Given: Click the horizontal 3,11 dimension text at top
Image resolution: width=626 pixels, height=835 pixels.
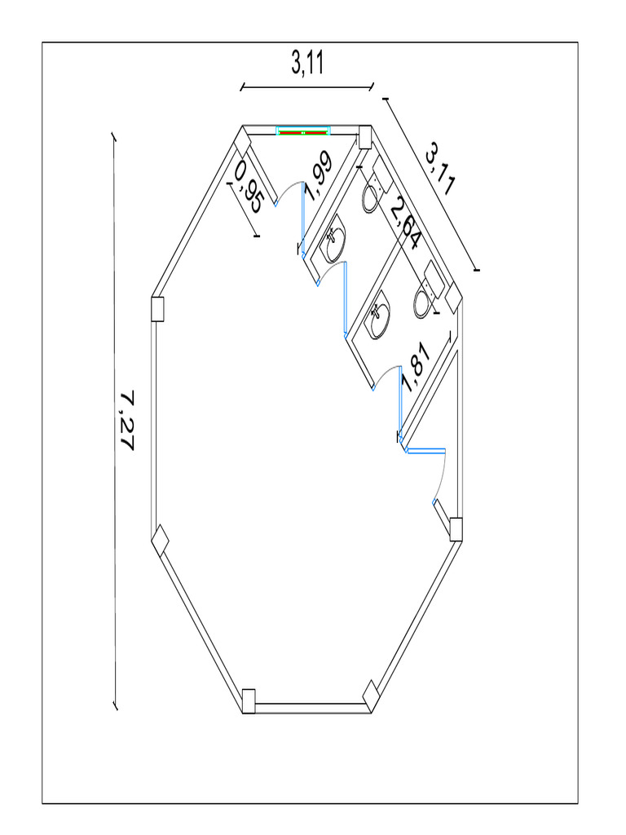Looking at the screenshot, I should click(307, 63).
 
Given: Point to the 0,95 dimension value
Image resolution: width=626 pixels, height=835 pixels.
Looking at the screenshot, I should click(248, 187).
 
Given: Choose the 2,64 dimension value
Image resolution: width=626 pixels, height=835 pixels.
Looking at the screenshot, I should click(404, 223).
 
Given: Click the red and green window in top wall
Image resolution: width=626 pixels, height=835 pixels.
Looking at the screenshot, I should click(303, 131).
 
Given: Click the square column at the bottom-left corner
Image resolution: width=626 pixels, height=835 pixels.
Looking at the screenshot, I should click(249, 700).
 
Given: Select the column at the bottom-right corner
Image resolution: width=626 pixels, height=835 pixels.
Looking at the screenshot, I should click(371, 694).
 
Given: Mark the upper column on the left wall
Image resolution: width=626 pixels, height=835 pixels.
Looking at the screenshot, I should click(159, 309).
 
